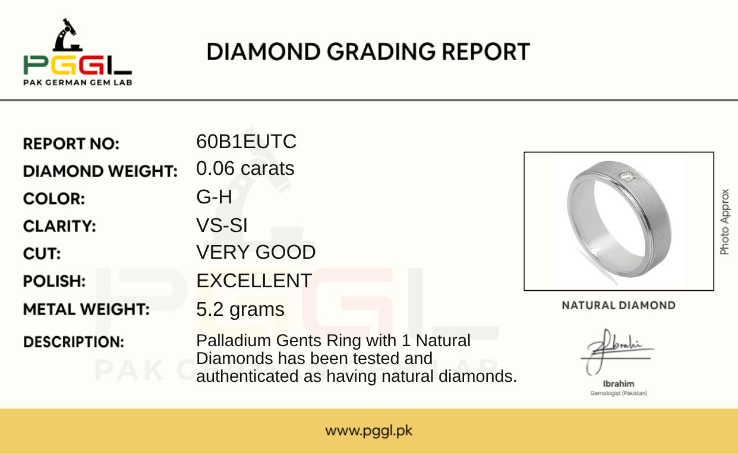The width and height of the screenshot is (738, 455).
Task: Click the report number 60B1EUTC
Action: pyautogui.click(x=246, y=142)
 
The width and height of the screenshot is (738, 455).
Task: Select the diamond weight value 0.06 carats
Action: pyautogui.click(x=245, y=168)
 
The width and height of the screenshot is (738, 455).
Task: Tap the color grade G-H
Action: pyautogui.click(x=214, y=197)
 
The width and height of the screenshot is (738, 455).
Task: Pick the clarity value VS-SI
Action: pyautogui.click(x=222, y=225)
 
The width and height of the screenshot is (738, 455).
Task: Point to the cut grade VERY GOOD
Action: pyautogui.click(x=256, y=252)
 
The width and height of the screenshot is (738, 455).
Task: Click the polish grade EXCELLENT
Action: pyautogui.click(x=254, y=281)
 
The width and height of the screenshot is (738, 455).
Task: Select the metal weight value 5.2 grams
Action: pyautogui.click(x=240, y=310)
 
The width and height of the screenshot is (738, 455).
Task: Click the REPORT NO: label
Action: pyautogui.click(x=71, y=144)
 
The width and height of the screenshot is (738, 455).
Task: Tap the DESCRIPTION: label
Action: pyautogui.click(x=74, y=342)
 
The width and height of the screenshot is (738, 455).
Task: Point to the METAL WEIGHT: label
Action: pyautogui.click(x=86, y=309)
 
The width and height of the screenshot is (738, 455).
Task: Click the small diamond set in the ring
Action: pyautogui.click(x=627, y=177)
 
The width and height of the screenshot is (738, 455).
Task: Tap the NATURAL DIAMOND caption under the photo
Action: pyautogui.click(x=619, y=306)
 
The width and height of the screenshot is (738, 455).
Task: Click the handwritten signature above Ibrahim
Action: pyautogui.click(x=617, y=352)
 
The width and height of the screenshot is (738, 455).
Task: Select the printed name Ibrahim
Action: pyautogui.click(x=619, y=384)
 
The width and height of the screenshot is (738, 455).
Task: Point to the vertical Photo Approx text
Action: pyautogui.click(x=724, y=222)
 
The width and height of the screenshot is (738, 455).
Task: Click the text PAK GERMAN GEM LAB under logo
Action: pyautogui.click(x=78, y=83)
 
